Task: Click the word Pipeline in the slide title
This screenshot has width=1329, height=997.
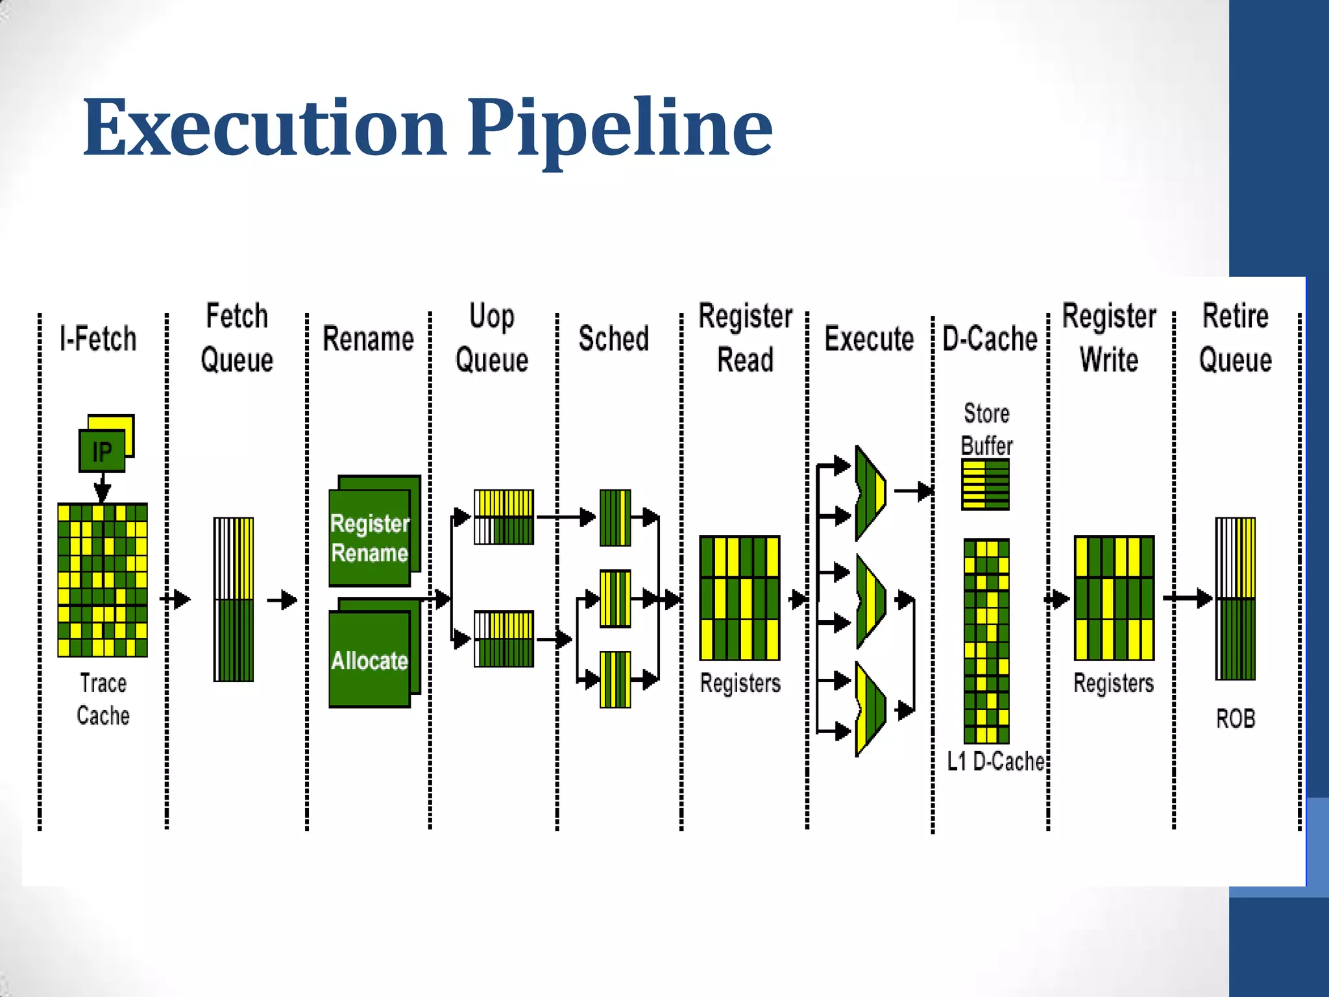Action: [x=620, y=128]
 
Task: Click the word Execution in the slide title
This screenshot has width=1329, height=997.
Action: [x=265, y=128]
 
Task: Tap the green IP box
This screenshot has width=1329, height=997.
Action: [x=102, y=451]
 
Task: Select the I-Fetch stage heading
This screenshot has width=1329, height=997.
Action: [x=98, y=339]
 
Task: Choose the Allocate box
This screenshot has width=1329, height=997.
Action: [x=370, y=659]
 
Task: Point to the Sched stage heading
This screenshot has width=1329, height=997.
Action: [x=613, y=339]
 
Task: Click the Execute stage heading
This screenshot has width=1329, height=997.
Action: [x=869, y=339]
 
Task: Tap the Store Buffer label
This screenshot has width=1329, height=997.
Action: [x=986, y=429]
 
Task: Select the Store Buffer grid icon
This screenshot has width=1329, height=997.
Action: [x=985, y=484]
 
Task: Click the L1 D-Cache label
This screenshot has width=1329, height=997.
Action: [x=995, y=761]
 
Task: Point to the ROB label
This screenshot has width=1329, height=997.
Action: [x=1236, y=719]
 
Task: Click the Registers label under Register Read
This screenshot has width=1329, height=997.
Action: [x=740, y=683]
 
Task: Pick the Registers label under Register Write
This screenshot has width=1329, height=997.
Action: [x=1114, y=683]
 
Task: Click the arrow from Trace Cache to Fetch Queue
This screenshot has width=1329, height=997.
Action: [x=177, y=598]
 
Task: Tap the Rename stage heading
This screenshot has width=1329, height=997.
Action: [x=369, y=339]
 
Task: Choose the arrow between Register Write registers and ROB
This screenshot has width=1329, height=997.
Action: [x=1188, y=598]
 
